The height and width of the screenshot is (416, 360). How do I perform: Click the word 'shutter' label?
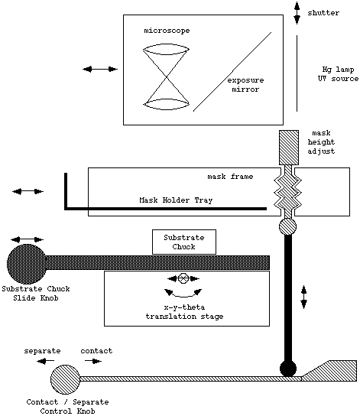[323, 13]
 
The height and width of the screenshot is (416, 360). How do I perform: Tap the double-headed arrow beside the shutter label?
[297, 13]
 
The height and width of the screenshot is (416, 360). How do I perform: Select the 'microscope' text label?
[167, 31]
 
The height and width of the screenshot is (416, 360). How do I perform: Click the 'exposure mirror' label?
[245, 85]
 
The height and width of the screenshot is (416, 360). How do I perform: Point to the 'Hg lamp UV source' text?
[339, 74]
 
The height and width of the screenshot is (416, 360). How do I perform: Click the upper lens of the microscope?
[166, 50]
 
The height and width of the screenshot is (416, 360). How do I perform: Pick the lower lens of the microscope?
[166, 104]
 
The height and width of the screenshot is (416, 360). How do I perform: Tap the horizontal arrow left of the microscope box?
[100, 70]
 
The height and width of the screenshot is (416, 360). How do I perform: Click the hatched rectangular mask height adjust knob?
[289, 148]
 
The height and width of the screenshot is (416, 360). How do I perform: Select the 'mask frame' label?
[230, 177]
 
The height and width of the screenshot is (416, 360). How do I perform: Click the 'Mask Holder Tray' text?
[176, 200]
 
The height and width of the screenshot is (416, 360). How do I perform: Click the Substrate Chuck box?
[184, 242]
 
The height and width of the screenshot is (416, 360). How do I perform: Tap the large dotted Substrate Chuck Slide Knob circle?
[27, 263]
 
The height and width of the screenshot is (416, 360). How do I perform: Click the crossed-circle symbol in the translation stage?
[183, 278]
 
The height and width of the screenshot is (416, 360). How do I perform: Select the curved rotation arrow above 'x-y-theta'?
[183, 293]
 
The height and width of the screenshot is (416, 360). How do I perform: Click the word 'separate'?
[42, 351]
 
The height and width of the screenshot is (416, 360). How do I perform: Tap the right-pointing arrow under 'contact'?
[93, 361]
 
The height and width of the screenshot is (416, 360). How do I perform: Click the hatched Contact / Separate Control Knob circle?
[65, 379]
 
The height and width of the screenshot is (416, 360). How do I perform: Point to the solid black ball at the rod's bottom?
[288, 369]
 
